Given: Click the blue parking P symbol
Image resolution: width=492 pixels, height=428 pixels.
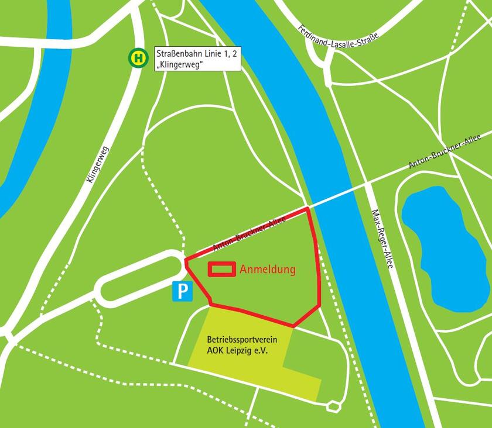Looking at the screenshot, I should pyautogui.click(x=183, y=291).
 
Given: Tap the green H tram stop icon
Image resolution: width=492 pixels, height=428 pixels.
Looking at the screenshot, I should pyautogui.click(x=138, y=58).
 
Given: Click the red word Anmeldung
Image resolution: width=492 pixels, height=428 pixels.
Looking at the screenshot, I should pyautogui.click(x=268, y=270).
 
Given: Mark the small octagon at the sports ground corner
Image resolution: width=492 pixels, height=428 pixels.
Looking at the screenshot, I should pyautogui.click(x=334, y=404).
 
